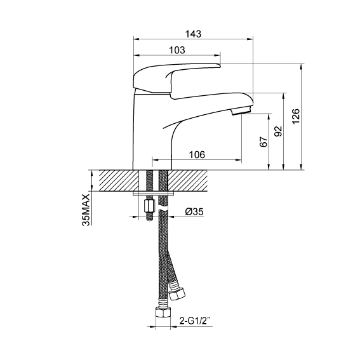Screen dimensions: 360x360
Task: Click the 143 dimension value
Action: [x=193, y=34]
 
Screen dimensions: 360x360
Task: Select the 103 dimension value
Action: [x=177, y=50]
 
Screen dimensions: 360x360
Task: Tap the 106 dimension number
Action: [x=197, y=155]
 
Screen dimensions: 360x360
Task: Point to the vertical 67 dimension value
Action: [x=263, y=142]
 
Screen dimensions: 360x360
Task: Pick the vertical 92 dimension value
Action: [x=278, y=131]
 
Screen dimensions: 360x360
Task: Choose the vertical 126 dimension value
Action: [x=296, y=116]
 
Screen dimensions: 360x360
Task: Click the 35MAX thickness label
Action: [x=86, y=210]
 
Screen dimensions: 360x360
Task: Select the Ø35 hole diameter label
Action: [x=194, y=211]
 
